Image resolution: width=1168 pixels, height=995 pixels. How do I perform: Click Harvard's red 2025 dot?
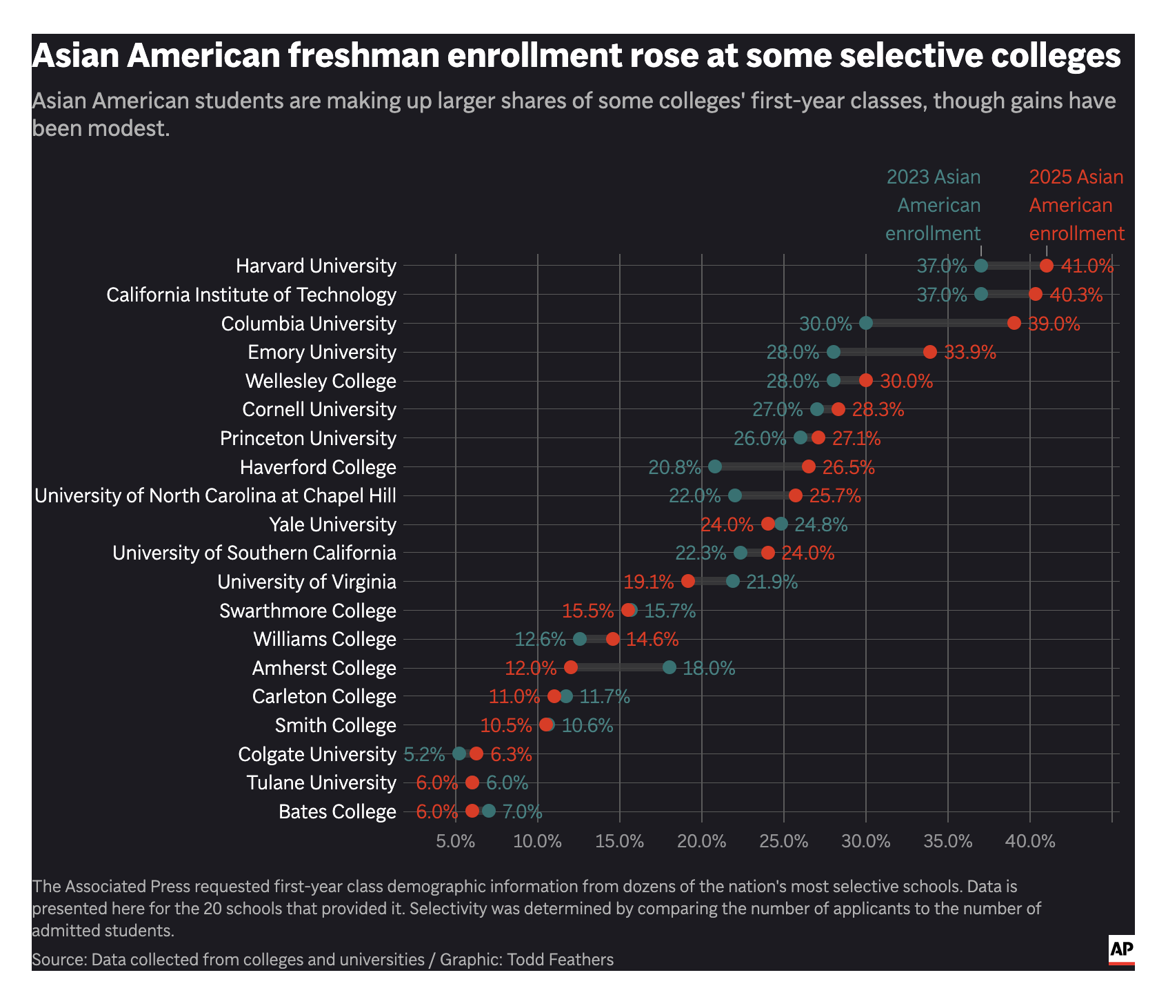(x=1046, y=266)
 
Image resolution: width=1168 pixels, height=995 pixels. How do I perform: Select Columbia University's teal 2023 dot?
(x=866, y=323)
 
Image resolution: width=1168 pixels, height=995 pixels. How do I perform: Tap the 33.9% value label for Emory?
(x=969, y=353)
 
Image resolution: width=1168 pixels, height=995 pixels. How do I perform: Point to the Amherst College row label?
(x=324, y=668)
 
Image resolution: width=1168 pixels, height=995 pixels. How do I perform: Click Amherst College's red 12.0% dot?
(x=571, y=667)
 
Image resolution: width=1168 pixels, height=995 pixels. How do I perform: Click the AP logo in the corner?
(x=1121, y=950)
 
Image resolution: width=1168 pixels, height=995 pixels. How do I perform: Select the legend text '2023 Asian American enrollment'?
(x=933, y=205)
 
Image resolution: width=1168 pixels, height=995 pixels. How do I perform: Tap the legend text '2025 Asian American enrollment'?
(x=1076, y=205)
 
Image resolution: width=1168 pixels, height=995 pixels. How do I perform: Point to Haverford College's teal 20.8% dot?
(x=715, y=466)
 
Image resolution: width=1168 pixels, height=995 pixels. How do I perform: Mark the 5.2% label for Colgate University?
(x=424, y=754)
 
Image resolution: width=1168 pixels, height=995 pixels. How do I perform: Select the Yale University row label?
(x=333, y=524)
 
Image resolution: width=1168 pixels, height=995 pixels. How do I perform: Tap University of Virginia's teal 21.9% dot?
(x=732, y=581)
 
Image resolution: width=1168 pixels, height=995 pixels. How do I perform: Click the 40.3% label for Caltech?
(x=1076, y=295)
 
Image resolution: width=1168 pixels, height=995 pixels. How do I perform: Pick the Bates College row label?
(x=337, y=811)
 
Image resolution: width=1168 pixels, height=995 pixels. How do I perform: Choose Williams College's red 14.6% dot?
(x=613, y=639)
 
